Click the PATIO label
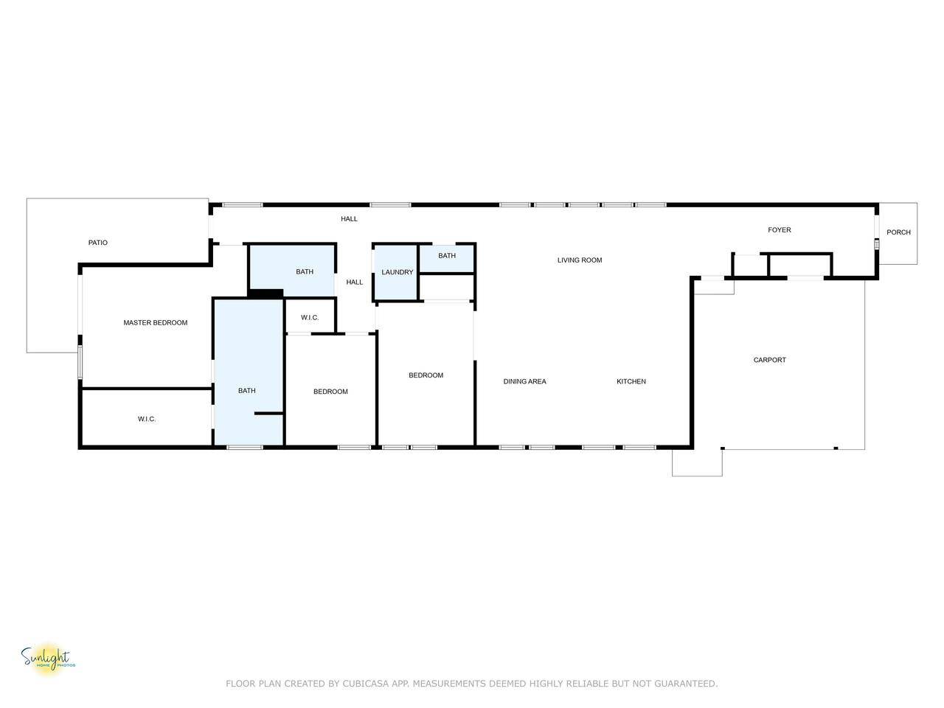point(97,243)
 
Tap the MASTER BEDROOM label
point(156,323)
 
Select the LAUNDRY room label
point(397,273)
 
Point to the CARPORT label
point(769,360)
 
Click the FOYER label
point(780,230)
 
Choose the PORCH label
point(898,232)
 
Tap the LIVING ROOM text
point(579,260)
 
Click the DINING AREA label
point(524,381)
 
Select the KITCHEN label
point(631,381)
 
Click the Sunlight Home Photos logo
point(48,659)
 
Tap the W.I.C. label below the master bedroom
point(147,419)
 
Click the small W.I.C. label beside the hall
point(310,318)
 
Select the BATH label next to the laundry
point(447,256)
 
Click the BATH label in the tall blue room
point(247,391)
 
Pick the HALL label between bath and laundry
point(355,282)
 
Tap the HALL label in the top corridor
point(349,219)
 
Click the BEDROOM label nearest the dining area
point(426,375)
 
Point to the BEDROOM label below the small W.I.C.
point(330,392)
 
